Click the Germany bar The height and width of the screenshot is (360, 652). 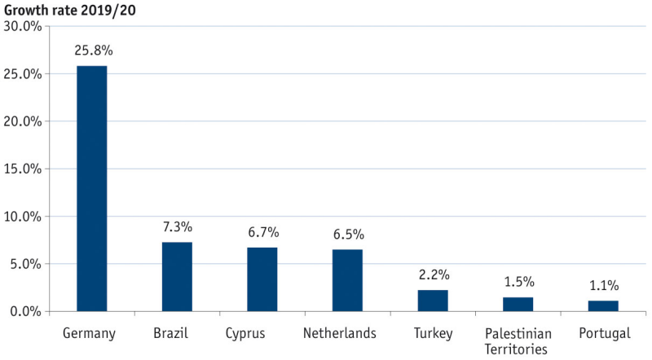[x=91, y=188]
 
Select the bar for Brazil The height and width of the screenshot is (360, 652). [x=177, y=277]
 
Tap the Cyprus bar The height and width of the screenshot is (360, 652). [x=262, y=279]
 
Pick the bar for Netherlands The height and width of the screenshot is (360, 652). [x=347, y=280]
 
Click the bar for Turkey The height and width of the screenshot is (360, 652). [x=433, y=301]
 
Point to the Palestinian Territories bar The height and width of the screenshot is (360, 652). [x=518, y=304]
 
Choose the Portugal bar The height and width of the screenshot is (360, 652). [x=603, y=305]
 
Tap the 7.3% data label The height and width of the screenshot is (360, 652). [x=177, y=227]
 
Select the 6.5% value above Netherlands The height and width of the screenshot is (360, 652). [x=348, y=235]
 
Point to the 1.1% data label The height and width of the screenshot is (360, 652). [x=604, y=286]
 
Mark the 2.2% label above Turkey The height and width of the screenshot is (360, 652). [x=434, y=275]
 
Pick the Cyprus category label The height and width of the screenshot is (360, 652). [x=262, y=334]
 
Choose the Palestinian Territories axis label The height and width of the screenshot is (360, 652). [x=518, y=341]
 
